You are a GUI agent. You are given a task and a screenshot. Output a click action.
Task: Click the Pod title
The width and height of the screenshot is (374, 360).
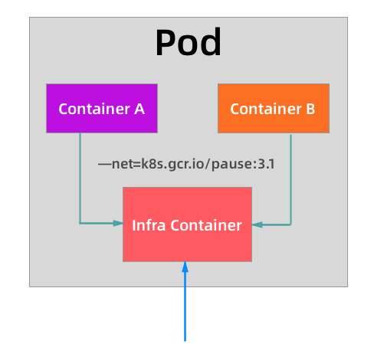click(x=188, y=44)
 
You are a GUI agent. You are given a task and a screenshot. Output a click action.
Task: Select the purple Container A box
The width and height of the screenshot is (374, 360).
click(x=102, y=109)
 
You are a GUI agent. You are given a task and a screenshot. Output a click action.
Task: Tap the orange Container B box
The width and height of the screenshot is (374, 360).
click(x=274, y=109)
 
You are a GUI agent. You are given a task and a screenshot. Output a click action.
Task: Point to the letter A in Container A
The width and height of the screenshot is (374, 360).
click(x=139, y=109)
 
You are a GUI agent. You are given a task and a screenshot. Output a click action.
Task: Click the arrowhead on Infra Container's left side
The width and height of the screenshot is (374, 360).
click(x=118, y=223)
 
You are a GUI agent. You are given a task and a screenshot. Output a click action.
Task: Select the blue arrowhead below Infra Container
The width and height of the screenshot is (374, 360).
click(x=185, y=267)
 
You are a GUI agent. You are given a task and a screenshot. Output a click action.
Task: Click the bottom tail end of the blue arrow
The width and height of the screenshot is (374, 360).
click(x=185, y=338)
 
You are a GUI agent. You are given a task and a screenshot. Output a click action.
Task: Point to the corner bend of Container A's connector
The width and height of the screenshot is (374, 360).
click(x=80, y=223)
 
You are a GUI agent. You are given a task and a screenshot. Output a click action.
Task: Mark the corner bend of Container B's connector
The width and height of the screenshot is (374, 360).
click(x=291, y=224)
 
